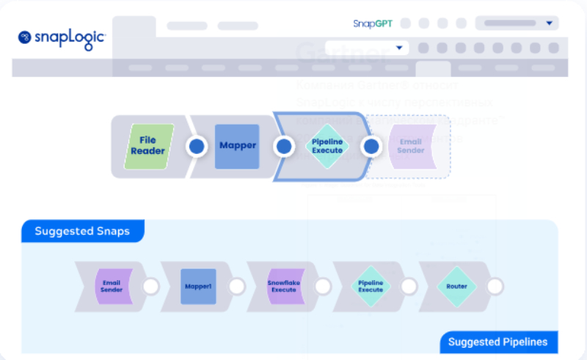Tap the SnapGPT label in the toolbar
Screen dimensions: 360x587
373,23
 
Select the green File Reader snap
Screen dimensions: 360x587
148,146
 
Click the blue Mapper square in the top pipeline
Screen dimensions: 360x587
237,146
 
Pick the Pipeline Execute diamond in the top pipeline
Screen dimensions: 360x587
327,146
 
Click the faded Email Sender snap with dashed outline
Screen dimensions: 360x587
411,146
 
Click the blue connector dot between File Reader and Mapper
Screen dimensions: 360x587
196,147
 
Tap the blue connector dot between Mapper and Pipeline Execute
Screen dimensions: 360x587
284,147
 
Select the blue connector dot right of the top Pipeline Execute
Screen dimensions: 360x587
371,147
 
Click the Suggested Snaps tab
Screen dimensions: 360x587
82,231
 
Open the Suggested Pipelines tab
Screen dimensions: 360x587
497,342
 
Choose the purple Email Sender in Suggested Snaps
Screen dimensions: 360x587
112,286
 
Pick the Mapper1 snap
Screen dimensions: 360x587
197,286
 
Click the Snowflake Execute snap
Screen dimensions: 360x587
283,286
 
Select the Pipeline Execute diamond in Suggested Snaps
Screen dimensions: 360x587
370,286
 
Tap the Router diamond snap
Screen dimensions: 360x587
456,286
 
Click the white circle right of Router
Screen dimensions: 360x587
496,286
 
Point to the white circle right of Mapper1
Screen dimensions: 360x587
236,286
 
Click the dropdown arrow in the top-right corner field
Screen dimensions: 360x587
549,23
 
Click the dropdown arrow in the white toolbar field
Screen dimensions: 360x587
399,48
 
